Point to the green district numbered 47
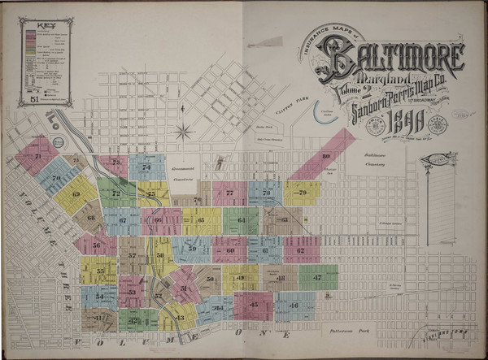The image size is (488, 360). click(x=316, y=278)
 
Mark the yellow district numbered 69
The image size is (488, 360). click(x=76, y=194)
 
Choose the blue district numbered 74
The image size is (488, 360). click(x=146, y=167)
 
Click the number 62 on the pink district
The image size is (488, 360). click(x=301, y=250)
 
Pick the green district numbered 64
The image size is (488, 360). click(x=242, y=219)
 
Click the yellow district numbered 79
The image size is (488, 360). click(x=301, y=193)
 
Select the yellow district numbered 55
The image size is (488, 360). click(x=101, y=271)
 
